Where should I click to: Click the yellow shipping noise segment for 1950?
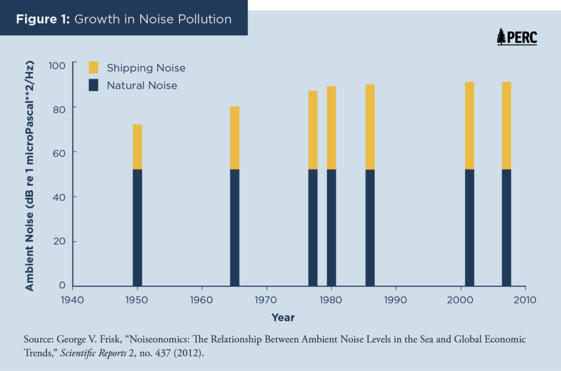(138, 147)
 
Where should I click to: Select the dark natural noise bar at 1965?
(234, 227)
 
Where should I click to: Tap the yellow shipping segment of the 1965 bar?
(234, 138)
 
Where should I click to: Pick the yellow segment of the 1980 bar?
(331, 128)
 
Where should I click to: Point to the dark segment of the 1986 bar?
(370, 227)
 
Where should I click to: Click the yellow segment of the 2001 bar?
(470, 125)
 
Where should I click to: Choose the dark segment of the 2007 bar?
(506, 227)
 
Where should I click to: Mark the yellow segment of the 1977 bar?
(313, 130)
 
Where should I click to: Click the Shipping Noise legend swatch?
(94, 67)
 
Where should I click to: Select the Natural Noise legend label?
(142, 85)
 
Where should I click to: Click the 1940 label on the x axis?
(73, 300)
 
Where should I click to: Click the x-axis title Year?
(283, 318)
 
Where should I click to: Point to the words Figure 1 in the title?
(42, 19)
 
